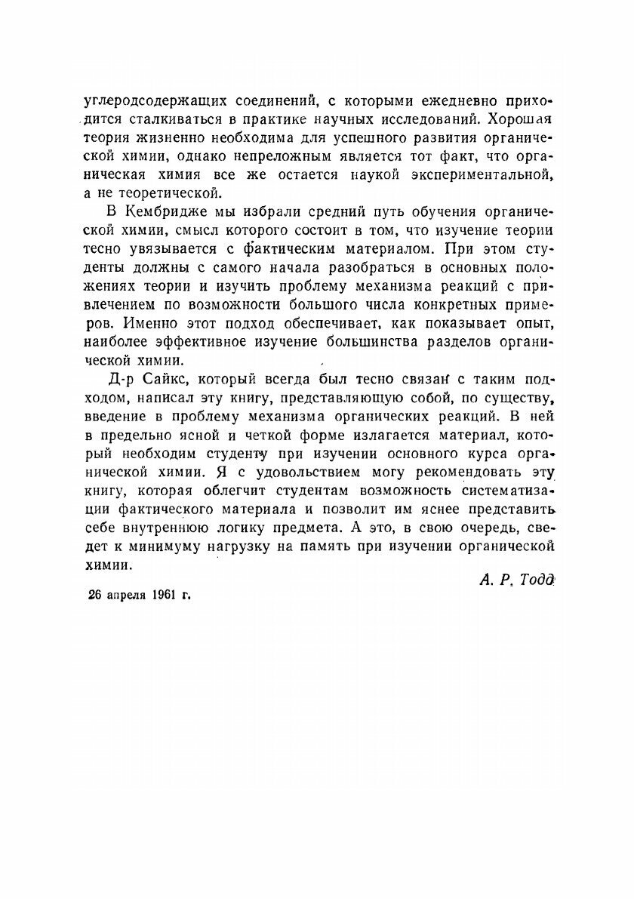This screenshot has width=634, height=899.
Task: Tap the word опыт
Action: [x=538, y=324]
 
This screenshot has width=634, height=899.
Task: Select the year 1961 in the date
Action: [x=164, y=594]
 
